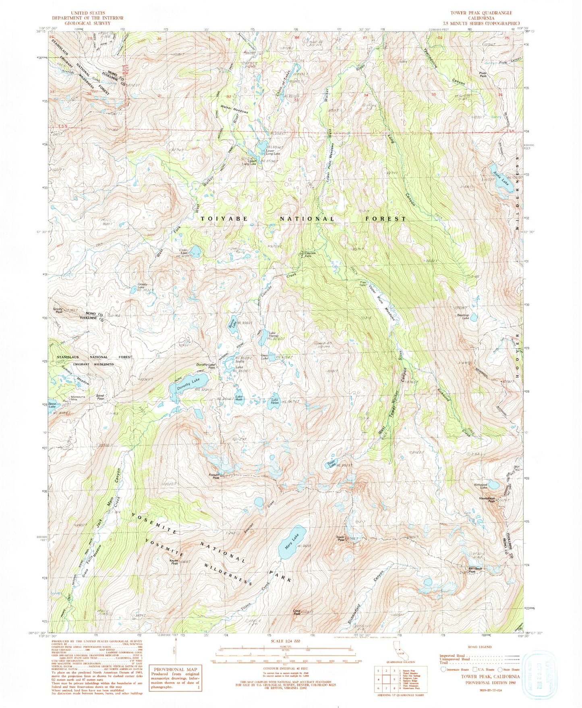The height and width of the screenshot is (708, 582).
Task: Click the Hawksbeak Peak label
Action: (x=487, y=500)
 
